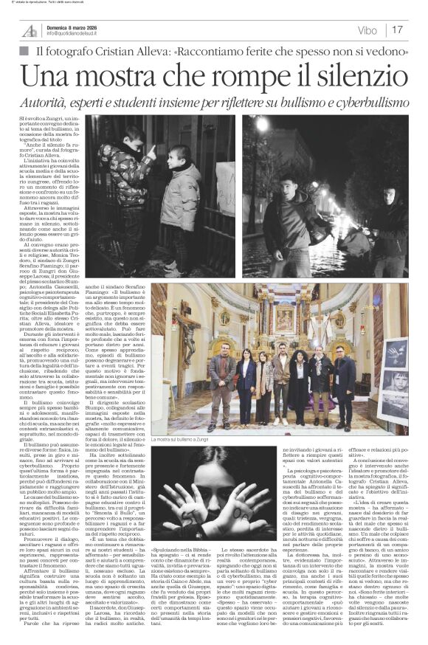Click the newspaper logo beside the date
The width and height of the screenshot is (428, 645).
coord(30,30)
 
